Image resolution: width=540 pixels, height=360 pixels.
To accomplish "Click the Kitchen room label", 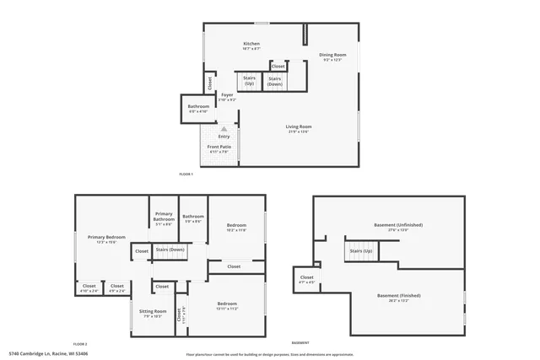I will pyautogui.click(x=251, y=44).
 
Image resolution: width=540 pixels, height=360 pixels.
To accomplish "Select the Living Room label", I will pyautogui.click(x=300, y=126).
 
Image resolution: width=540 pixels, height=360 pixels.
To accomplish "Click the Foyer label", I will pyautogui.click(x=227, y=95).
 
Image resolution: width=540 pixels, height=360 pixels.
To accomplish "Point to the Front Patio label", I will pyautogui.click(x=219, y=147).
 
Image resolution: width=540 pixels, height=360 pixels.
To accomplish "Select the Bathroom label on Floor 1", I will pyautogui.click(x=198, y=106).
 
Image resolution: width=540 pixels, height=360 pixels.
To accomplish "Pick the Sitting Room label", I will pyautogui.click(x=153, y=311).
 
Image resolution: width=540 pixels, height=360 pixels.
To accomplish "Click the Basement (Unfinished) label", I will pyautogui.click(x=398, y=225).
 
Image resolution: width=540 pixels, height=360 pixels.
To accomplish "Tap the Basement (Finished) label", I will pyautogui.click(x=398, y=296).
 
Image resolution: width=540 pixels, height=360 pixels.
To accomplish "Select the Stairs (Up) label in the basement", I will pyautogui.click(x=360, y=251).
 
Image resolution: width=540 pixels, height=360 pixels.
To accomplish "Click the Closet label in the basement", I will pyautogui.click(x=306, y=277).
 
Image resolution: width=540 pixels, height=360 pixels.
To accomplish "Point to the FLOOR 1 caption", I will pyautogui.click(x=186, y=174).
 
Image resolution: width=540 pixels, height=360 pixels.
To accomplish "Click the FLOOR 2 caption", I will pyautogui.click(x=80, y=344).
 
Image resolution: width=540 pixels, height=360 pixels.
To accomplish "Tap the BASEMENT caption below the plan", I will pyautogui.click(x=300, y=343).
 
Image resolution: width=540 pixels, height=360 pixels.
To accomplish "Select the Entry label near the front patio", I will pyautogui.click(x=224, y=136).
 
